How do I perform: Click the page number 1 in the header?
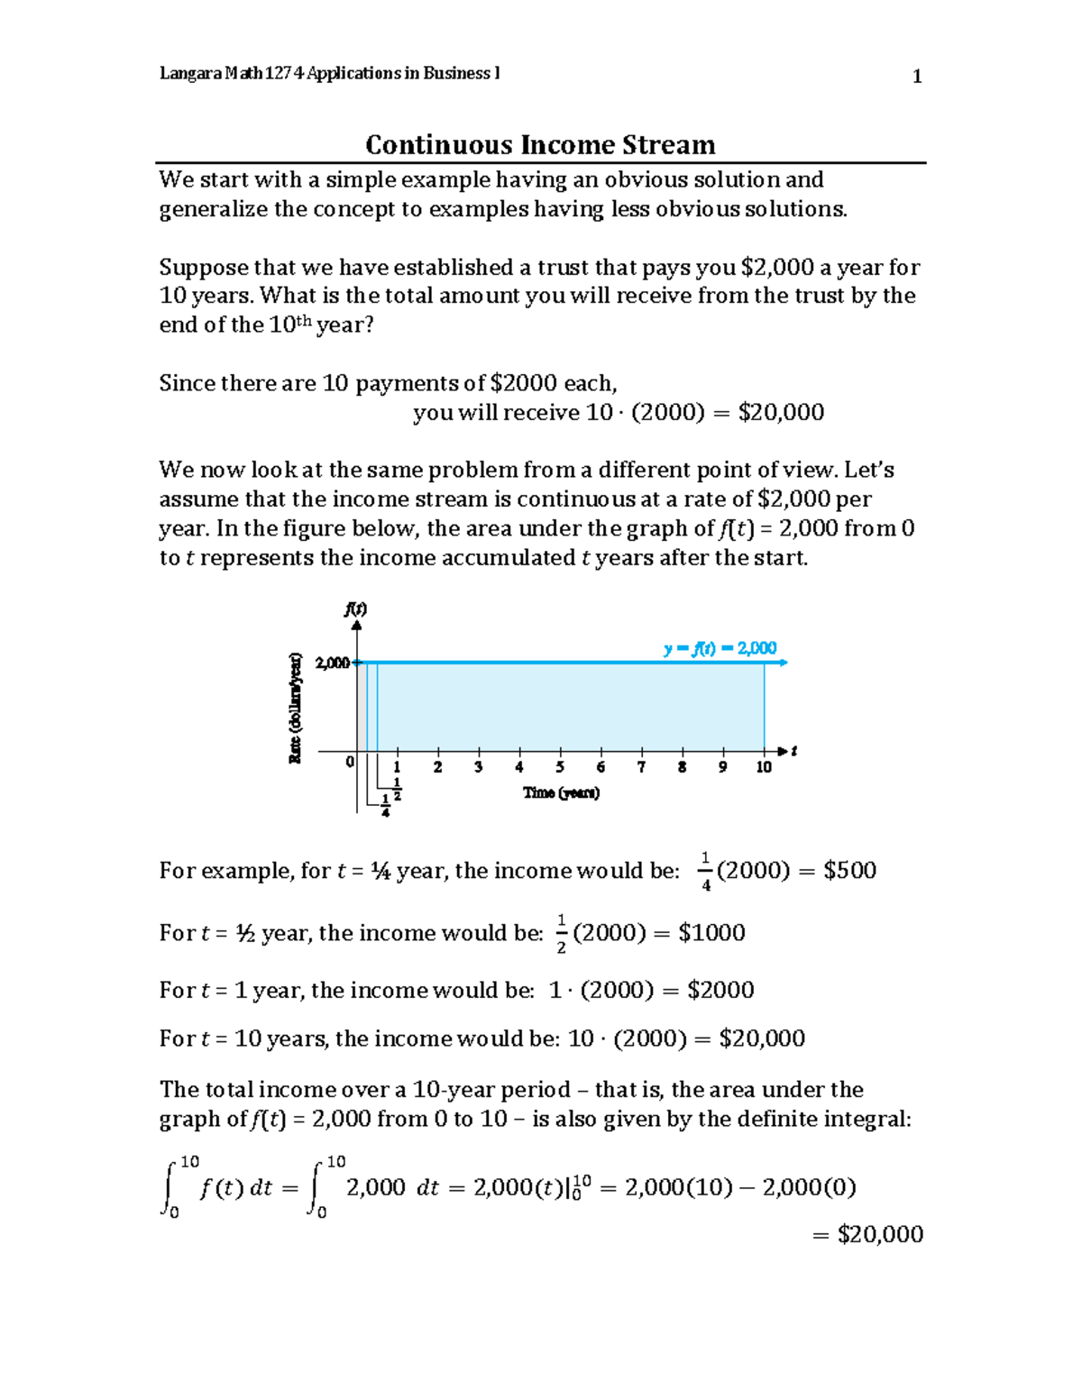[x=917, y=77]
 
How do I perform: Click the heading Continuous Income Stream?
[x=540, y=144]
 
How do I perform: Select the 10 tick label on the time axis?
[x=764, y=767]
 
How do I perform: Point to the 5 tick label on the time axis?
[x=560, y=767]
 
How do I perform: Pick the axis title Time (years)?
[x=561, y=792]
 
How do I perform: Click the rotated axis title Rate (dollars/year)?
[x=295, y=708]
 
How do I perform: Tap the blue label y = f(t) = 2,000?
[x=720, y=648]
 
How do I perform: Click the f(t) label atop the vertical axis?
[x=355, y=608]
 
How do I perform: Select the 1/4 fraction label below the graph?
[x=386, y=805]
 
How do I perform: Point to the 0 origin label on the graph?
[x=350, y=763]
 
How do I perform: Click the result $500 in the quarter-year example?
[x=849, y=871]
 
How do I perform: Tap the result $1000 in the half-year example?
[x=711, y=933]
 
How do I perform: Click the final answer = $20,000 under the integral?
[x=867, y=1234]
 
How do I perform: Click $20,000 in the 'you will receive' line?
[x=781, y=413]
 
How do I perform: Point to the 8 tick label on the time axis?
[x=683, y=767]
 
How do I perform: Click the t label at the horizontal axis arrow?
[x=794, y=750]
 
